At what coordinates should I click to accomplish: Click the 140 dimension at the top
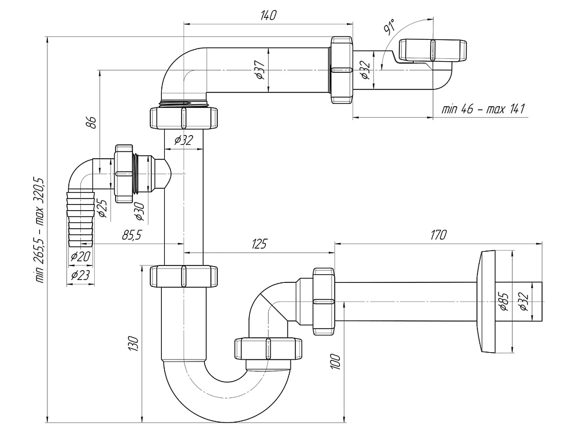pyautogui.click(x=268, y=16)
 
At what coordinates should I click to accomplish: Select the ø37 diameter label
pyautogui.click(x=261, y=70)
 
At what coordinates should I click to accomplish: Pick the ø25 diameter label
pyautogui.click(x=102, y=206)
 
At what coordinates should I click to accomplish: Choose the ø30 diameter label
pyautogui.click(x=139, y=211)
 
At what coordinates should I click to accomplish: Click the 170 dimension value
pyautogui.click(x=439, y=235)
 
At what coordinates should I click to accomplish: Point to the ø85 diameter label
pyautogui.click(x=503, y=301)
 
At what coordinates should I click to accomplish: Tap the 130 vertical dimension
pyautogui.click(x=134, y=344)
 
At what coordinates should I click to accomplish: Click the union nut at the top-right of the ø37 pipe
pyautogui.click(x=341, y=70)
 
